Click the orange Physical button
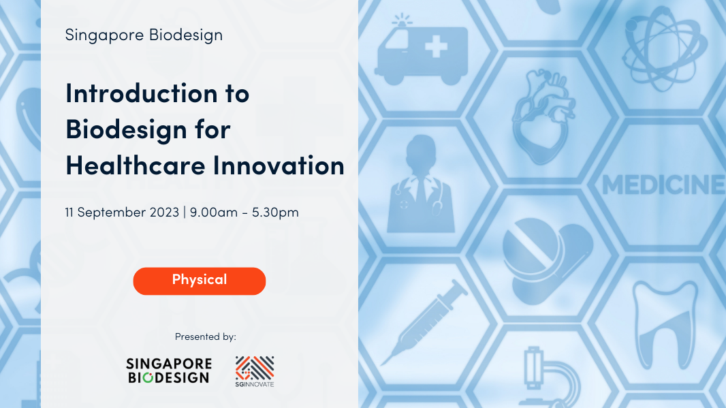tap(199, 281)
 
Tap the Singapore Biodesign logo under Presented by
tap(168, 371)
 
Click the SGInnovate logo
tap(255, 371)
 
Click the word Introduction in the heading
tap(141, 93)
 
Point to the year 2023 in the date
tap(164, 212)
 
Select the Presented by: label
tap(206, 336)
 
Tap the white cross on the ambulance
tap(436, 47)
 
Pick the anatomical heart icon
tap(543, 116)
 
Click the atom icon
tap(665, 48)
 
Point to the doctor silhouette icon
tap(421, 185)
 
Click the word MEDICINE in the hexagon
tap(663, 185)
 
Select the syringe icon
tap(424, 322)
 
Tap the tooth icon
tap(665, 324)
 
